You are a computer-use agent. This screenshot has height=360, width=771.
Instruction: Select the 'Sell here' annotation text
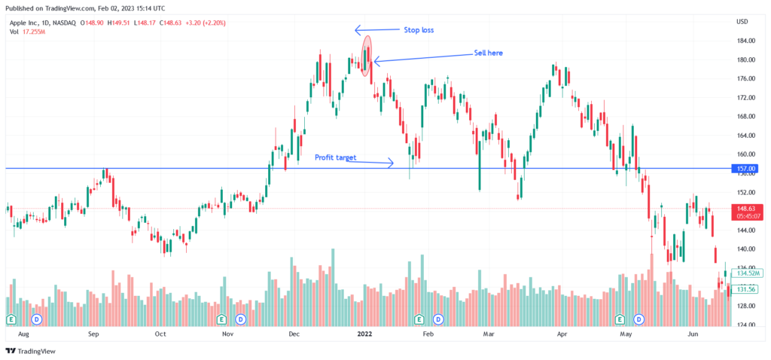click(x=487, y=53)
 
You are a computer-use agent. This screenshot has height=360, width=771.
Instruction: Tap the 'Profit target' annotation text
click(x=335, y=157)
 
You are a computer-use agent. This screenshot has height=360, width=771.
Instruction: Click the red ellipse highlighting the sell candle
click(x=367, y=56)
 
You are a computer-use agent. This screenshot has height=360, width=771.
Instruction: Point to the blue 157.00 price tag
click(x=746, y=169)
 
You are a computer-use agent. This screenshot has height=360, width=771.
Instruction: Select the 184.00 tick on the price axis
click(x=744, y=41)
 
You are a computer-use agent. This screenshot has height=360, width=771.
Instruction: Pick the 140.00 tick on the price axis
click(x=744, y=249)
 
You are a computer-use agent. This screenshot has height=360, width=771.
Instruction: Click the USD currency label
click(x=742, y=21)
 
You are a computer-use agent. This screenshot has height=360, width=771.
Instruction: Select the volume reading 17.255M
click(x=33, y=32)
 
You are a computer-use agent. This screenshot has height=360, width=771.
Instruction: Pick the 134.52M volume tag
click(x=745, y=273)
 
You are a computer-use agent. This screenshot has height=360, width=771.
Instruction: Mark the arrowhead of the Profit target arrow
click(x=392, y=162)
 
